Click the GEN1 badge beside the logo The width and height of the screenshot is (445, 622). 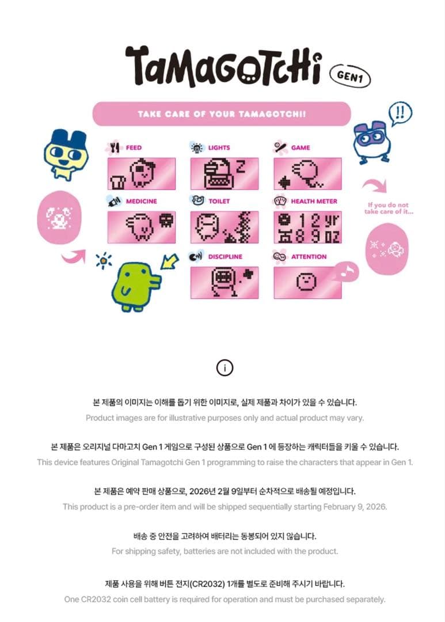(x=350, y=75)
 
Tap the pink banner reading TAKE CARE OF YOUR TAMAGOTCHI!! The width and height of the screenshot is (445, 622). (x=222, y=114)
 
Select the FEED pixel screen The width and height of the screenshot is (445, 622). (x=142, y=173)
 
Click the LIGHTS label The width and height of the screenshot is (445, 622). (x=219, y=147)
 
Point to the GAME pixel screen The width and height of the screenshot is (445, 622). (x=307, y=173)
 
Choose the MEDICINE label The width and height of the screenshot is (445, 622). (x=141, y=201)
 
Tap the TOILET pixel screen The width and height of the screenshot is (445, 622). (x=225, y=227)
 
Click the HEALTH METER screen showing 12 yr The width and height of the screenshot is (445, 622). (x=307, y=227)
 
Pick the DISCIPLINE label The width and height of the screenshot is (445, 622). (x=225, y=257)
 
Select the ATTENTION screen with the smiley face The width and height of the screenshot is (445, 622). (x=307, y=282)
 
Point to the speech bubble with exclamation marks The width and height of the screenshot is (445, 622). (x=400, y=114)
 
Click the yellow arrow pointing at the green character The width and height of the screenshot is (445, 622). (x=170, y=262)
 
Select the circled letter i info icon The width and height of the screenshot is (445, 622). (x=225, y=367)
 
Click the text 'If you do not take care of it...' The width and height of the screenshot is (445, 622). (x=388, y=208)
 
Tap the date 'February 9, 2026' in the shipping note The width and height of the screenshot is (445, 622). (x=355, y=507)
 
